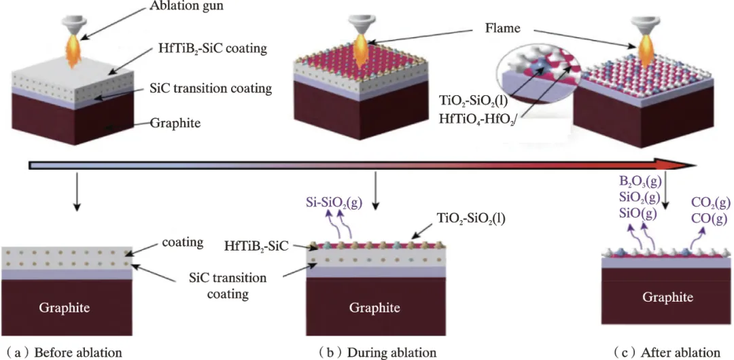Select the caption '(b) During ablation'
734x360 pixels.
378,352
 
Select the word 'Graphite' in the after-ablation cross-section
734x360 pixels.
668,298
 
